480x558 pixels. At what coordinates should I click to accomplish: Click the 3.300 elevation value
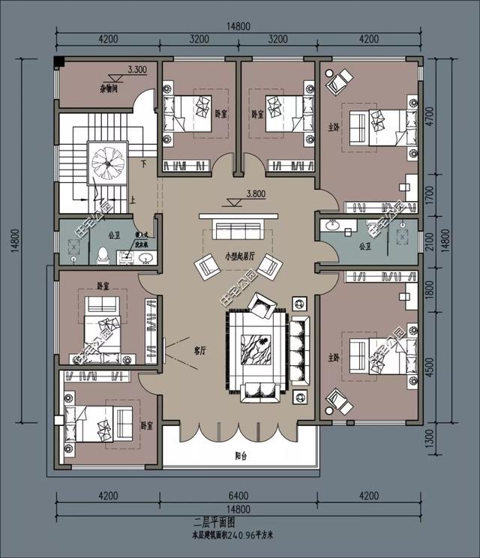pos(137,69)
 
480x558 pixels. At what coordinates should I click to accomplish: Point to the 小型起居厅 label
pos(238,256)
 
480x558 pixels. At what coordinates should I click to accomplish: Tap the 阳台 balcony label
pos(237,455)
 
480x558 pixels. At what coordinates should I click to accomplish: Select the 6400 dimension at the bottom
pos(237,495)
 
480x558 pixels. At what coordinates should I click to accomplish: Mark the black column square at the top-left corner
pos(60,61)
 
